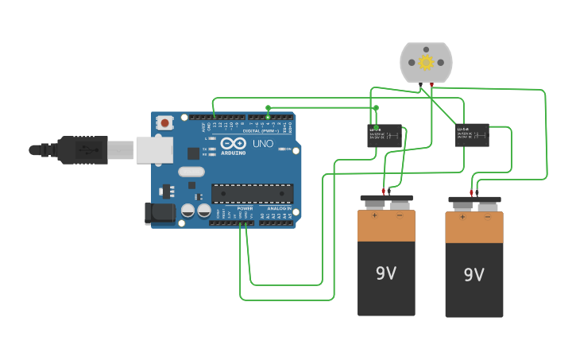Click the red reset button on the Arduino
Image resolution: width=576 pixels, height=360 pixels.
click(165, 122)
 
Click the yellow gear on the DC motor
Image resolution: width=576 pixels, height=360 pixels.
click(426, 62)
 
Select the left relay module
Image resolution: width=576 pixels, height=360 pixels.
click(385, 135)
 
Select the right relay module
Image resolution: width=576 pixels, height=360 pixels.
click(473, 134)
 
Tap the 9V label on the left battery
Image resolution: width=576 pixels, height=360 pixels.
click(386, 273)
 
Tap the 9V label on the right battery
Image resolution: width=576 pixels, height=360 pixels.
click(474, 275)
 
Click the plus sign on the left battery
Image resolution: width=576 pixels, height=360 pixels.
click(374, 215)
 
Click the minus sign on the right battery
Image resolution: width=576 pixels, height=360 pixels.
click(488, 216)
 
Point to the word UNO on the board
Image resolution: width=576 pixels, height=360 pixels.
click(262, 144)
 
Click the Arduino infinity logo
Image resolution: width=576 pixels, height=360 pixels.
click(234, 143)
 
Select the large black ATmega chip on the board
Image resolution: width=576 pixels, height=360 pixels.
click(252, 193)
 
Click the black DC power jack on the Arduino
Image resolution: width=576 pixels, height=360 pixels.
click(160, 212)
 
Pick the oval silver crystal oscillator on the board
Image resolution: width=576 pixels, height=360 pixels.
click(191, 172)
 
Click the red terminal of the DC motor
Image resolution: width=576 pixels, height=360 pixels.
click(431, 83)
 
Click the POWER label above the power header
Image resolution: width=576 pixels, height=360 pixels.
click(245, 208)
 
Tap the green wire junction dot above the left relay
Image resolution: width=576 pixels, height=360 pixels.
click(377, 107)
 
